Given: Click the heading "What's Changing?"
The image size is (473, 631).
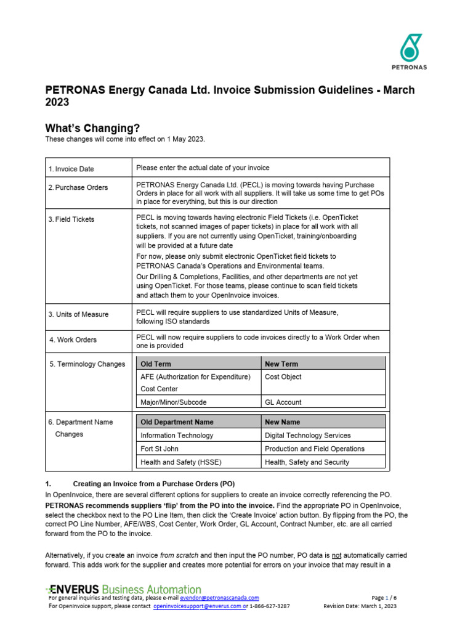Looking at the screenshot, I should click(92, 128).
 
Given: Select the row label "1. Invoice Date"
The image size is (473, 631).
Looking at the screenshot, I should click(71, 169).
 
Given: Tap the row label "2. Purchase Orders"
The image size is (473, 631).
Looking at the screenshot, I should click(78, 187).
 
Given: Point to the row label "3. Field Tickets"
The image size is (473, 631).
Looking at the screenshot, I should click(71, 219).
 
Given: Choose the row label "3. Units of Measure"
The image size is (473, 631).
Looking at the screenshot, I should click(79, 314).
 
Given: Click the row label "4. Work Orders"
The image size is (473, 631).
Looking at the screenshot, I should click(73, 340).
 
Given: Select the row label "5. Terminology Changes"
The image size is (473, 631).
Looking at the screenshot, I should click(87, 364).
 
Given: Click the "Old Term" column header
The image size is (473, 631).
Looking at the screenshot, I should click(156, 364).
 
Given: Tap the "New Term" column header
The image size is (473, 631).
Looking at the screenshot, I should click(281, 364).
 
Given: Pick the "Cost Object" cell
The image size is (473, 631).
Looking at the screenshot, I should click(283, 377).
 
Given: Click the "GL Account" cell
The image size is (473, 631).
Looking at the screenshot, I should click(283, 402).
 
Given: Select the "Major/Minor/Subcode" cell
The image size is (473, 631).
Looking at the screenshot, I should click(174, 402).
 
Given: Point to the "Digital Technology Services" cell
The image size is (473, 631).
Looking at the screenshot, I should click(307, 436).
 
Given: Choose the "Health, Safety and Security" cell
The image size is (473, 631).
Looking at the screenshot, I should click(307, 462).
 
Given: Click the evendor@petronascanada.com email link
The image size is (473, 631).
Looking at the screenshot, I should click(219, 598).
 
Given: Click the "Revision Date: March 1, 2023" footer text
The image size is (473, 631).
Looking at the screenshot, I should click(360, 606).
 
